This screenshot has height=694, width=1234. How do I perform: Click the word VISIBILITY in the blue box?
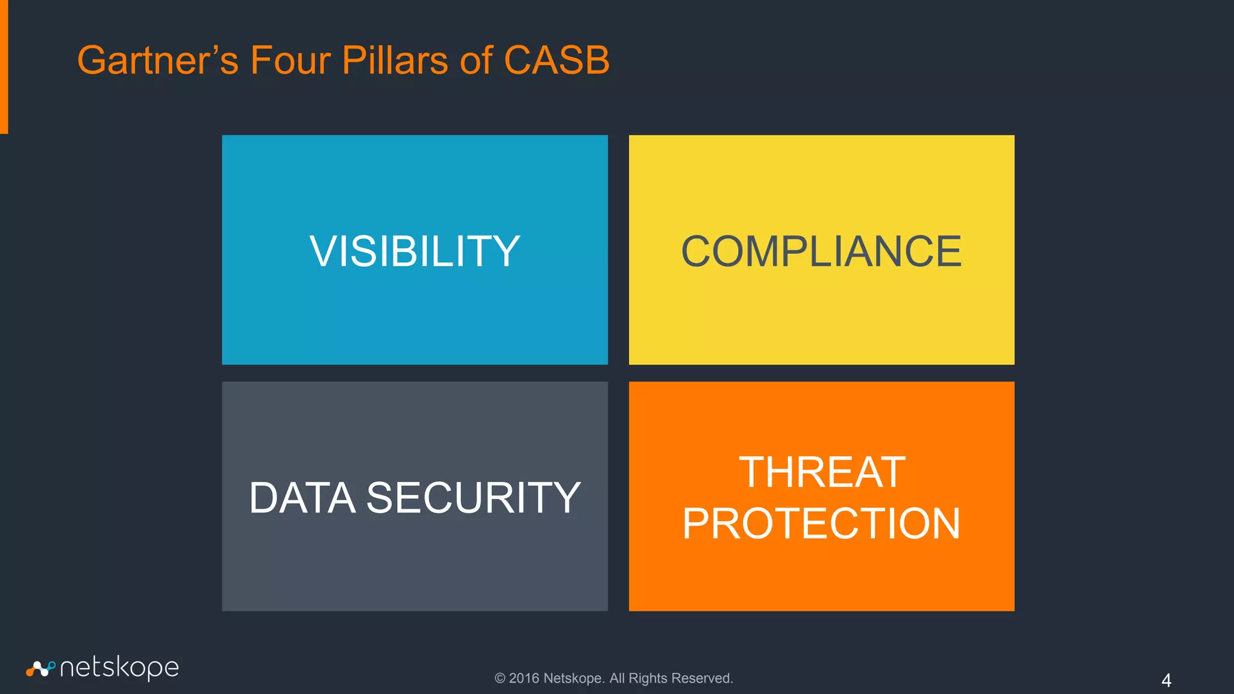click(x=415, y=251)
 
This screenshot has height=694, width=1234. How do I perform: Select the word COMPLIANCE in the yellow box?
click(x=821, y=251)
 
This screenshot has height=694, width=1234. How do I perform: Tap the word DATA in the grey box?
click(x=302, y=498)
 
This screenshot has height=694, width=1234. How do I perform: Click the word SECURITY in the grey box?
click(x=473, y=498)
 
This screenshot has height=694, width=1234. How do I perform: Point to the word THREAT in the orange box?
click(x=822, y=472)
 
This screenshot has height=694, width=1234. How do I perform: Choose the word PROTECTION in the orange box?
click(x=821, y=524)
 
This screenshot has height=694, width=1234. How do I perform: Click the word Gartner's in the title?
click(x=158, y=60)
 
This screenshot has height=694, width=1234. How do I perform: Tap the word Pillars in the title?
click(x=395, y=60)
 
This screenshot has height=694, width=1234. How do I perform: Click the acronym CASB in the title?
click(x=556, y=60)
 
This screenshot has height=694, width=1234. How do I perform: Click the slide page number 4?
click(x=1166, y=680)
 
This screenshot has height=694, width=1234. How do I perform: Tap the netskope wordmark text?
click(x=119, y=668)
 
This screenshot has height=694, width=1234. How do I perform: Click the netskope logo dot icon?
click(x=40, y=668)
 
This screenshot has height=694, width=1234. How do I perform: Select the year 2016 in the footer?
click(x=524, y=678)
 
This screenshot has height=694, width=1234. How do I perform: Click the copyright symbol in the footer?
click(x=500, y=678)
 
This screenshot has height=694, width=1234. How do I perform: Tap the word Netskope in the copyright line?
click(x=574, y=678)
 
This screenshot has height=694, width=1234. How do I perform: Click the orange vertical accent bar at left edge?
click(x=4, y=66)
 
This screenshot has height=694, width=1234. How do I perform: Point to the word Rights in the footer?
click(x=648, y=678)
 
